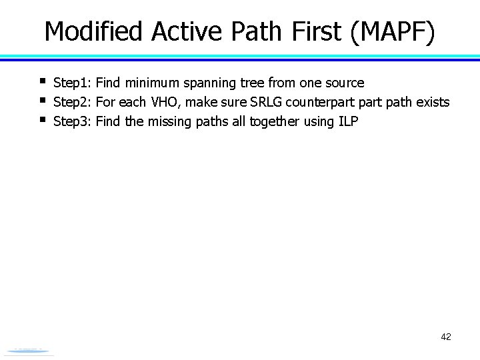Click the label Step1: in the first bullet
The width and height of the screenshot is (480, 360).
pos(73,83)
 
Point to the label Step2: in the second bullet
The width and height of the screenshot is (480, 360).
pos(73,103)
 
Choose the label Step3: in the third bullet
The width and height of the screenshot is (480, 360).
pos(73,122)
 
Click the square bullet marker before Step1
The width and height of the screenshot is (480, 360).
pos(41,82)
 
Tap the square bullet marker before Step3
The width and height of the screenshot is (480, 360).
pos(41,121)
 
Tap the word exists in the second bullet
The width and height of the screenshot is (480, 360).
pos(432,103)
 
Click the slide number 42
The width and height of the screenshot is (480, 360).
pos(446,337)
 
